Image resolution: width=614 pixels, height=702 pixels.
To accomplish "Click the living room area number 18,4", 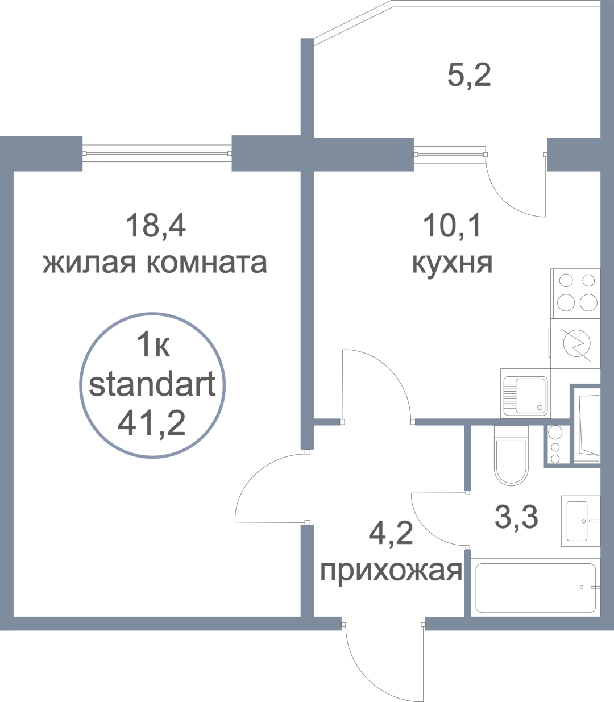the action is click(x=156, y=225).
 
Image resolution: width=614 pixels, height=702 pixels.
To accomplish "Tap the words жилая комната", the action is click(x=155, y=264).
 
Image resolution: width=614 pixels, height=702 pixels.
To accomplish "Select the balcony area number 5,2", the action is click(x=469, y=75).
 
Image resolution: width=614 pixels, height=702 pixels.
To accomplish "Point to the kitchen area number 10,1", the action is click(x=453, y=225).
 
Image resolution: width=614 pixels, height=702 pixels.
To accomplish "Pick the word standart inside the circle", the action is click(x=152, y=385).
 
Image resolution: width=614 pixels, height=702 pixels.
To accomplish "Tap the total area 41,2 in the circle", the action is click(x=152, y=423).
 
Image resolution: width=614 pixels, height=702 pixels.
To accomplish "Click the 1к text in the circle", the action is click(x=153, y=345).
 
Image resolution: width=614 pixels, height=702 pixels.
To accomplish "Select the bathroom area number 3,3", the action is click(x=516, y=517).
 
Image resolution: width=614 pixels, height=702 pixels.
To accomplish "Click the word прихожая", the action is click(x=391, y=572).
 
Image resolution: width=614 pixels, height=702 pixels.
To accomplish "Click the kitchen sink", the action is click(x=525, y=393).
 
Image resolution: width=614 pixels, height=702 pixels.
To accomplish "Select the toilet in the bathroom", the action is click(x=511, y=455).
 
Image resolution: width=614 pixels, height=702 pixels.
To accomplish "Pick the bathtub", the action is click(x=536, y=588).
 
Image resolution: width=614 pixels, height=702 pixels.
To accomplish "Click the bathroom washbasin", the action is click(x=580, y=521).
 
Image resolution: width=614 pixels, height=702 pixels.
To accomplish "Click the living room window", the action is click(x=157, y=153).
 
